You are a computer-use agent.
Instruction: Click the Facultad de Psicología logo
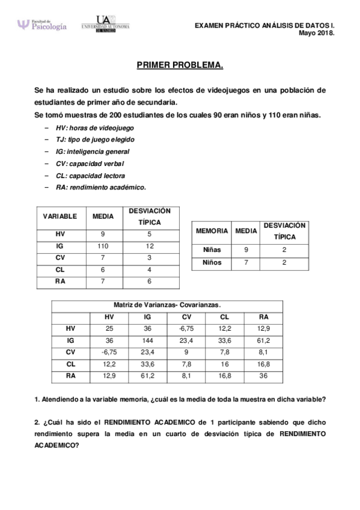41,25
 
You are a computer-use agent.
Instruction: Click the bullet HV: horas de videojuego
94,128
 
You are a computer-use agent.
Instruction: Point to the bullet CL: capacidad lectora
90,176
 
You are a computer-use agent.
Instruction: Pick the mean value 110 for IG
103,247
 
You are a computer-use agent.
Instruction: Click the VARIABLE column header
59,216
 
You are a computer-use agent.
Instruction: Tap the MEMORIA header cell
212,230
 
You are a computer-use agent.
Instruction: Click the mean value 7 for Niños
246,263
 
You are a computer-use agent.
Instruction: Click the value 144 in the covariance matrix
148,340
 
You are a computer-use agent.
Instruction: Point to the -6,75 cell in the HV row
186,328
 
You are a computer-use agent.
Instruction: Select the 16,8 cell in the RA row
224,376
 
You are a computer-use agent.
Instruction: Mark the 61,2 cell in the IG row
263,340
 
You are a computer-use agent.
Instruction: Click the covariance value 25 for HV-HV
109,328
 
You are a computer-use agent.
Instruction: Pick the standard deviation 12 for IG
150,247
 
